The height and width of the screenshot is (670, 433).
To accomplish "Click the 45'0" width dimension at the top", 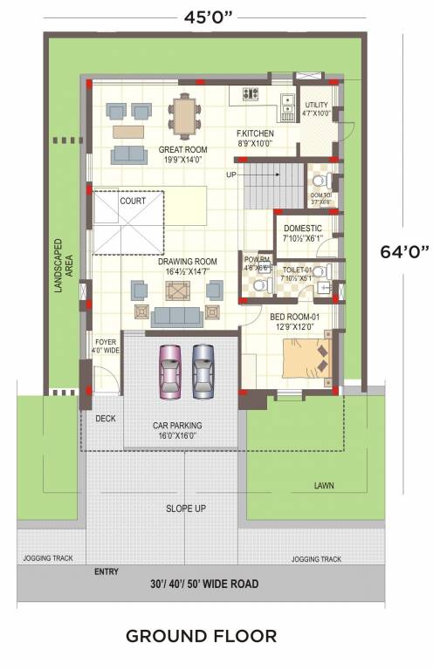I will coord(213,16).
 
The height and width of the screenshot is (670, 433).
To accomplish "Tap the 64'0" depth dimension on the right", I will coord(404,251).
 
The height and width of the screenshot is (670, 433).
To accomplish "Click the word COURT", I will coord(133,201).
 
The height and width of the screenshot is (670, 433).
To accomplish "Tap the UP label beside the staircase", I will coord(231,174).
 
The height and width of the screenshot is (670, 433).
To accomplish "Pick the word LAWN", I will coord(325,486).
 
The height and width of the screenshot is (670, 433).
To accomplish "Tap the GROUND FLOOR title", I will coord(201,635).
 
